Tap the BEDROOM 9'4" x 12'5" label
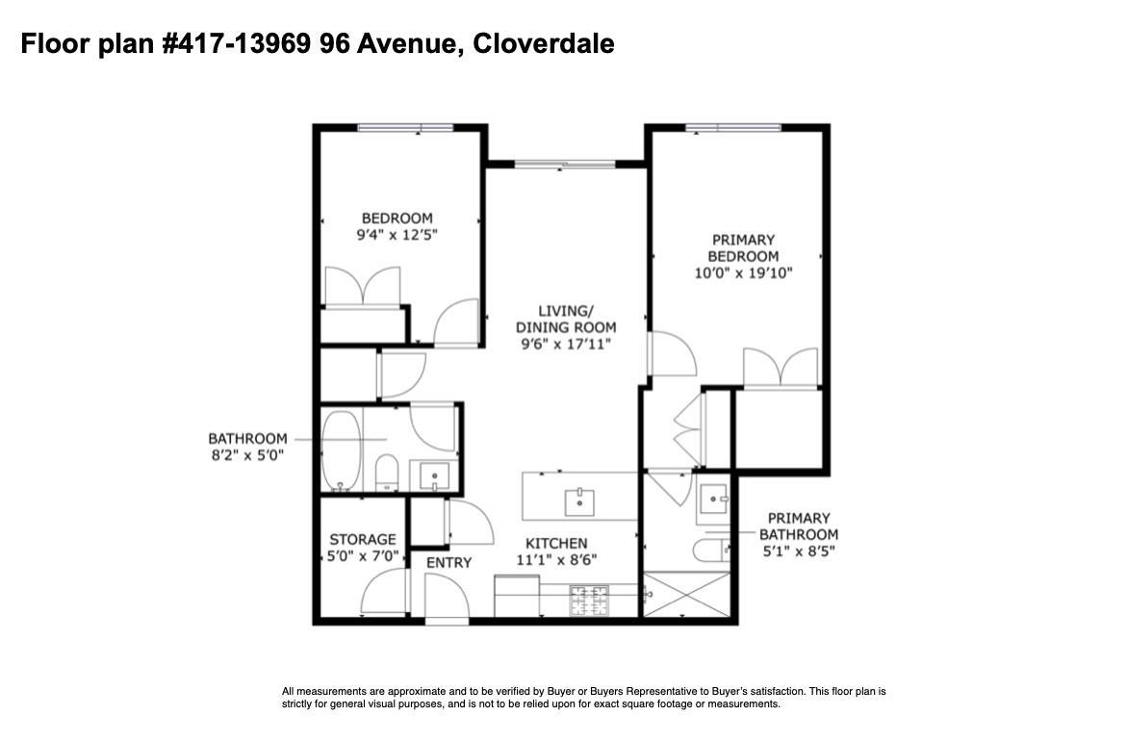pyautogui.click(x=397, y=226)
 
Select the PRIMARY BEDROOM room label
pyautogui.click(x=743, y=247)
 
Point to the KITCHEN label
pyautogui.click(x=555, y=544)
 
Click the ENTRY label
pyautogui.click(x=448, y=562)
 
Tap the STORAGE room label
pyautogui.click(x=363, y=539)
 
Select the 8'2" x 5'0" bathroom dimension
pyautogui.click(x=248, y=456)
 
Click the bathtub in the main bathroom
pyautogui.click(x=339, y=449)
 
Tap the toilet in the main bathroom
pyautogui.click(x=387, y=472)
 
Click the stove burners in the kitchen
pyautogui.click(x=589, y=600)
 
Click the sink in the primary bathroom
pyautogui.click(x=713, y=497)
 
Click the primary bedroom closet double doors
pyautogui.click(x=781, y=370)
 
